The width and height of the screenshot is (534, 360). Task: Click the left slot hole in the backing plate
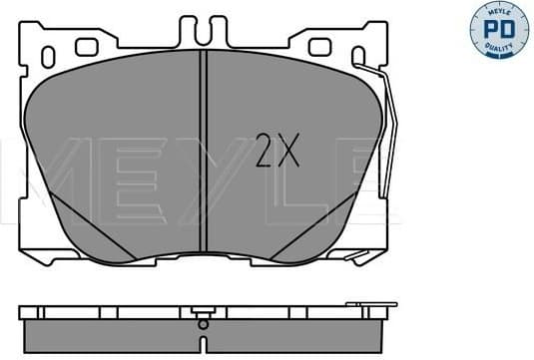point(86,46)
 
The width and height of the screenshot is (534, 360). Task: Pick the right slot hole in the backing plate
point(320,46)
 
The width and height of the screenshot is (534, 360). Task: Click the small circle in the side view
point(203,324)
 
